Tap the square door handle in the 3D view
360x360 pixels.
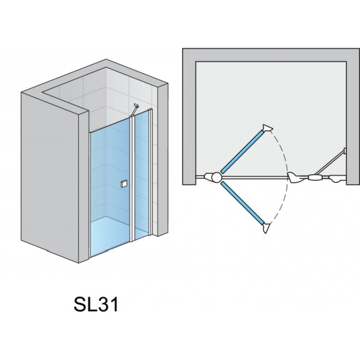tap(124, 183)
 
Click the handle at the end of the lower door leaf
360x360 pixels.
tap(267, 228)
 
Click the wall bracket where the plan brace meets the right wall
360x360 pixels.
tap(345, 150)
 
